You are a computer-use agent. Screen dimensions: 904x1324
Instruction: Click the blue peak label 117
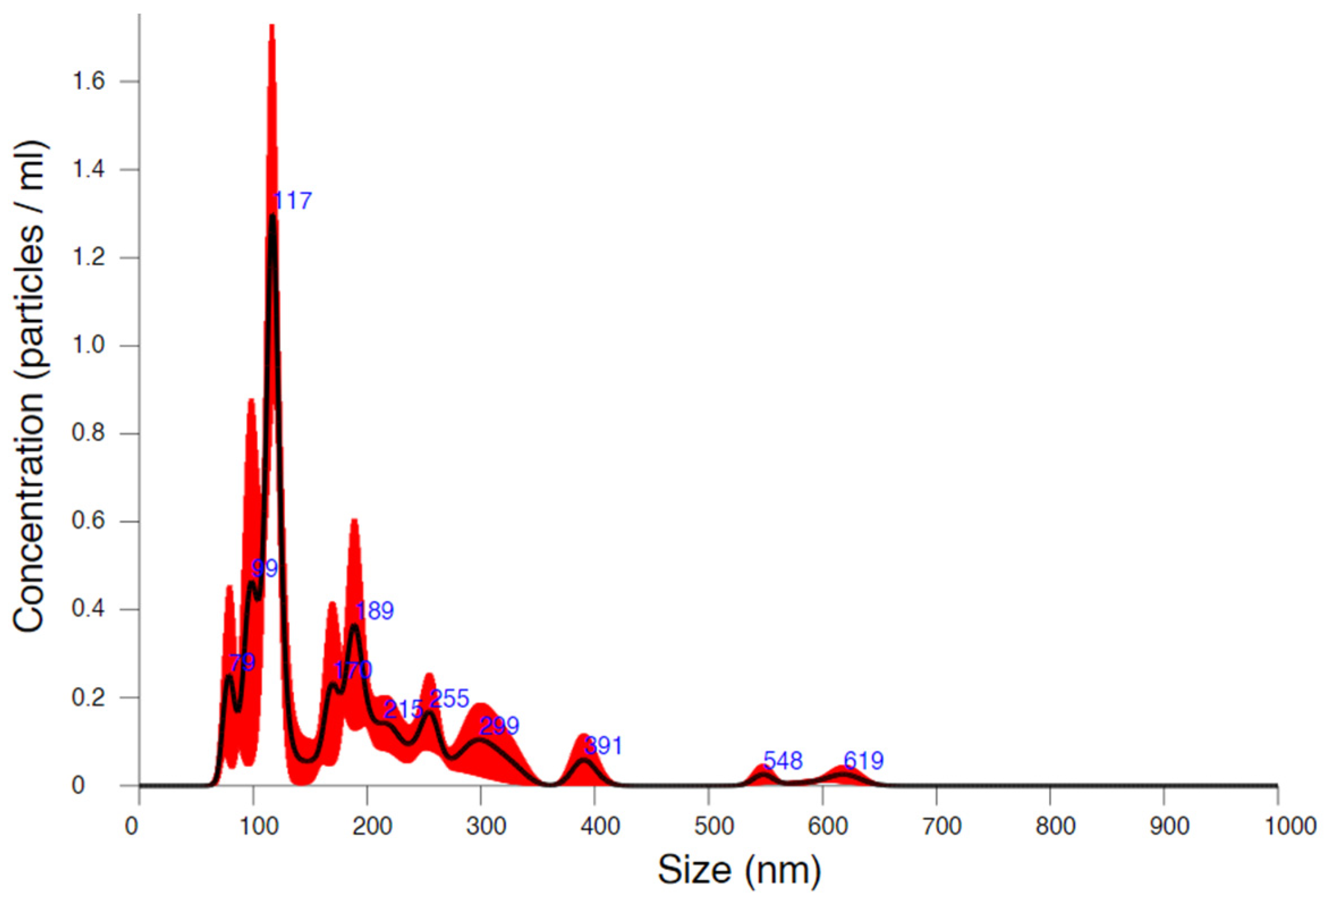point(293,201)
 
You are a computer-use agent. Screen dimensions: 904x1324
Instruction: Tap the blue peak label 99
point(264,568)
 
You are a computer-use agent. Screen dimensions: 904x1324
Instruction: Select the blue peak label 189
point(374,610)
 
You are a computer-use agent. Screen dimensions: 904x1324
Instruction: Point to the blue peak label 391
point(604,746)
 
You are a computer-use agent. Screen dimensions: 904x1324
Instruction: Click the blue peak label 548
point(783,761)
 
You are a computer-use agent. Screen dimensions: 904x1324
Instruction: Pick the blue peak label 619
point(863,761)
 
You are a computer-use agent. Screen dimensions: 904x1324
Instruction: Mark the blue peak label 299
point(499,725)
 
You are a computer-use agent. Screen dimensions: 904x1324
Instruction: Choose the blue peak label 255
point(449,698)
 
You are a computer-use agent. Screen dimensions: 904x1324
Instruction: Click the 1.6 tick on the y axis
point(88,82)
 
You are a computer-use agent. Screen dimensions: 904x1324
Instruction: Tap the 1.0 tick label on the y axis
point(88,346)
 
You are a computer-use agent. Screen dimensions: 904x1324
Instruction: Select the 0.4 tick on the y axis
point(88,609)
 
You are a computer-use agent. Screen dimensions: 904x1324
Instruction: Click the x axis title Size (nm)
point(739,870)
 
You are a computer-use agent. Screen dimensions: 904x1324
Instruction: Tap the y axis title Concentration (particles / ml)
point(29,387)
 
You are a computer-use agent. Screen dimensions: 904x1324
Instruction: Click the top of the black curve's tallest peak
point(272,217)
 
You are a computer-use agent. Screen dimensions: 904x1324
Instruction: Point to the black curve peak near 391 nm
point(583,760)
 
